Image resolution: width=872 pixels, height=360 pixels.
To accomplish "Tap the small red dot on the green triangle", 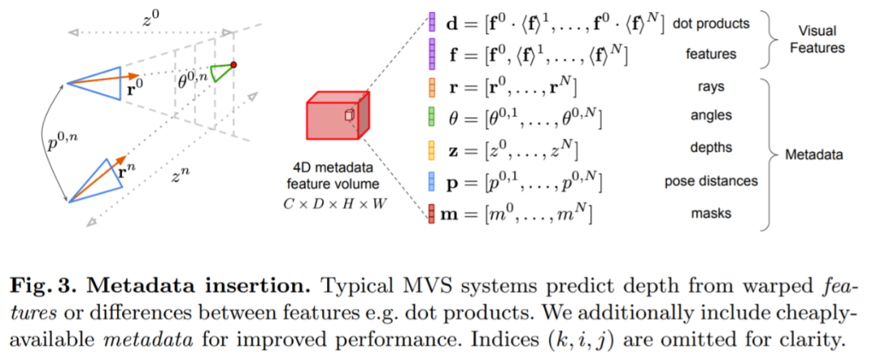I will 233,64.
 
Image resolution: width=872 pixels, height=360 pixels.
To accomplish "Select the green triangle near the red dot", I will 223,73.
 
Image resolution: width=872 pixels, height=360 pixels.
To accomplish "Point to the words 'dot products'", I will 712,24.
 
